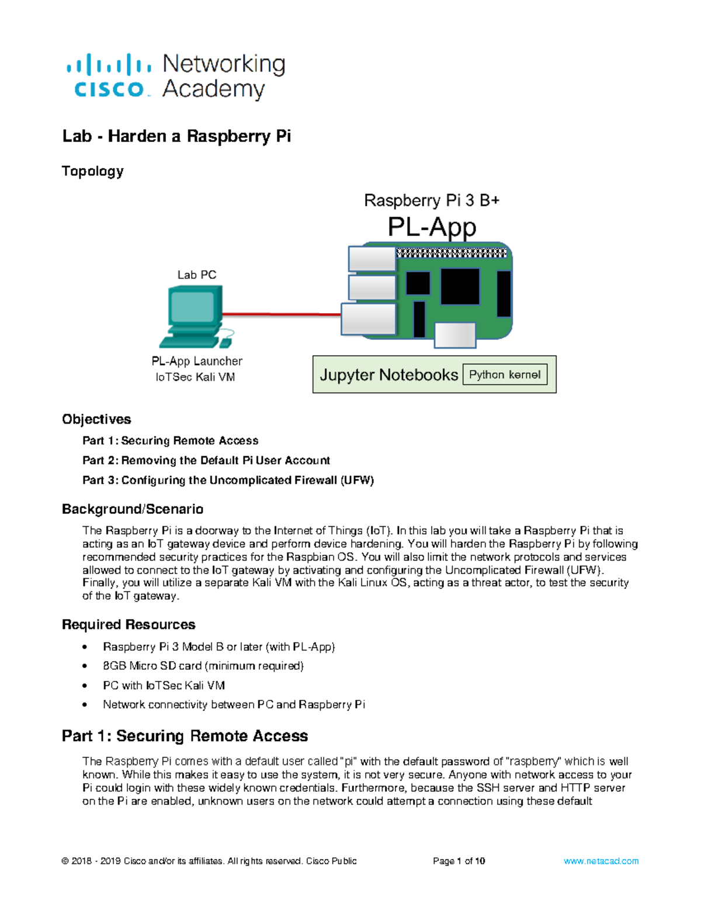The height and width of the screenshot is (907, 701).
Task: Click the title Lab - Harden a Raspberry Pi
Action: (x=176, y=137)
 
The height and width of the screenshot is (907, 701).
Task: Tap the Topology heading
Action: (x=92, y=171)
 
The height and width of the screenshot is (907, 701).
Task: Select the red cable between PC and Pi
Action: (x=280, y=314)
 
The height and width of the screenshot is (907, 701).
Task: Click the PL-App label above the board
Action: (x=432, y=227)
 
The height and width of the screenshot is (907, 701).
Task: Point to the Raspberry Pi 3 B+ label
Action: (x=432, y=200)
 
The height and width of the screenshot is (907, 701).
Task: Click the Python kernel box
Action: (x=505, y=374)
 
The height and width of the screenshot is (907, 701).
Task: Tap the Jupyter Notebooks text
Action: (x=388, y=375)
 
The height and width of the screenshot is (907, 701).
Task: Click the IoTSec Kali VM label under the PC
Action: (x=195, y=377)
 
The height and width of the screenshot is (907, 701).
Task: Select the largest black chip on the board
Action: (x=460, y=286)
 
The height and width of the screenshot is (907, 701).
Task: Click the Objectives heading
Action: (x=96, y=419)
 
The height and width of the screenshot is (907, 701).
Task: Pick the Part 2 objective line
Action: (x=206, y=460)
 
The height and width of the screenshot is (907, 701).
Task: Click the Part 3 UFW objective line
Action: (x=228, y=480)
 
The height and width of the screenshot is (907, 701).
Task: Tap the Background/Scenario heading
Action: (x=133, y=509)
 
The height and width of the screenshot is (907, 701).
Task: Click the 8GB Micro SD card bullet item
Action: (x=203, y=666)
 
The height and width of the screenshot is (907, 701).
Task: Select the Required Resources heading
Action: (x=129, y=625)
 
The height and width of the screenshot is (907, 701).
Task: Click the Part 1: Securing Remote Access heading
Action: (x=185, y=736)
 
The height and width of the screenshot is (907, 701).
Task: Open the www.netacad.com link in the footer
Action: (x=601, y=861)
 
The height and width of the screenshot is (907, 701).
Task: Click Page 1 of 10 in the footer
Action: (x=459, y=861)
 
